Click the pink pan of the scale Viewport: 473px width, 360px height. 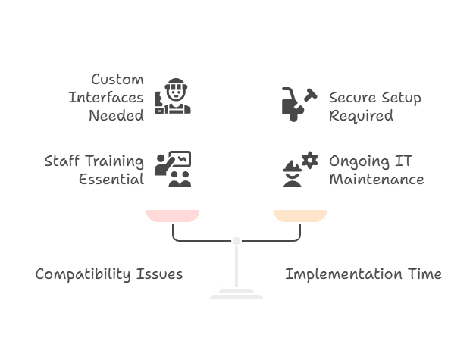[173, 216]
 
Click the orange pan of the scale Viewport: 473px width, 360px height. [300, 216]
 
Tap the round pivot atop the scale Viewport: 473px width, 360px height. [236, 240]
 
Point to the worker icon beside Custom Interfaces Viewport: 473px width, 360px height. [173, 96]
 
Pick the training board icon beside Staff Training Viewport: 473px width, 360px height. [174, 169]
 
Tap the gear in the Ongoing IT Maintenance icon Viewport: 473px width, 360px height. [309, 160]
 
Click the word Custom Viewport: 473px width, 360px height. [117, 79]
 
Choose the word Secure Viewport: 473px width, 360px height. [352, 97]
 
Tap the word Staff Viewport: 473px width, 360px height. [62, 161]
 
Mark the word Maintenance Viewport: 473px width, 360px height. [376, 180]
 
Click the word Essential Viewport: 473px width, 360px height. [111, 180]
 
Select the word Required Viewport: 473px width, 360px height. [361, 116]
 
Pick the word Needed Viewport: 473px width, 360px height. [116, 116]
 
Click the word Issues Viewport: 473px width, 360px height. [162, 274]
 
